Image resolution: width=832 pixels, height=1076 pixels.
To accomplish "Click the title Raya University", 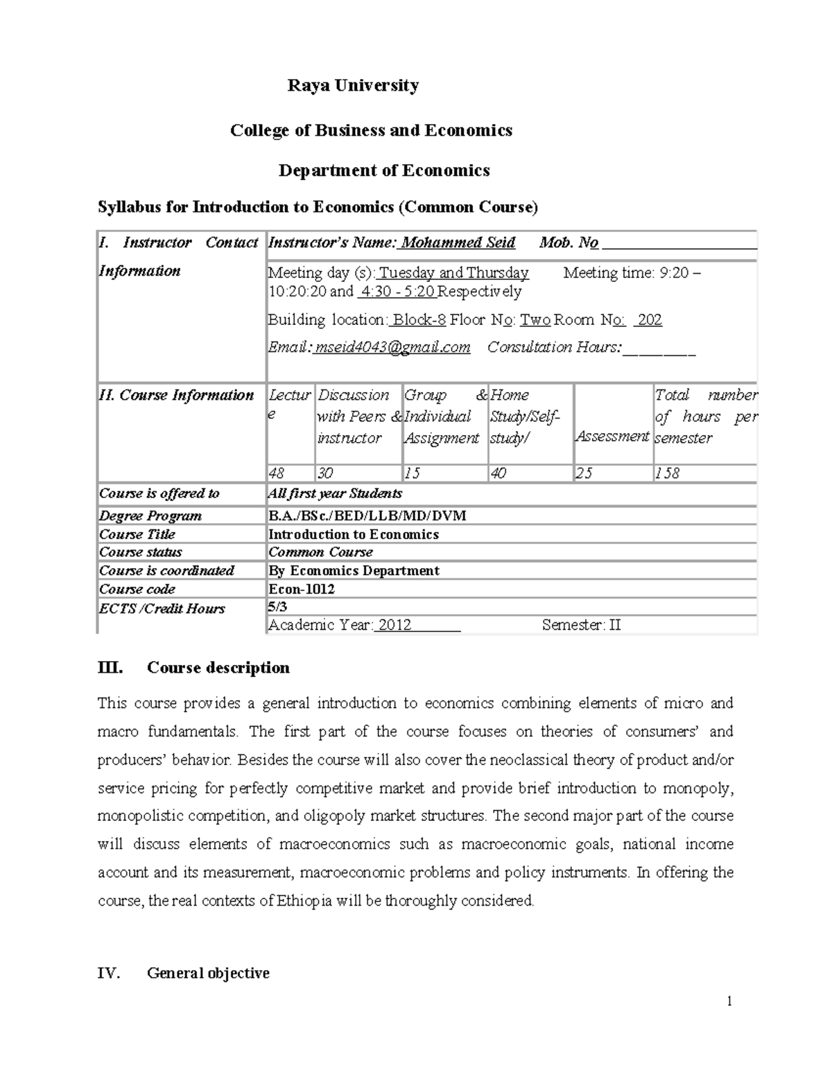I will point(353,85).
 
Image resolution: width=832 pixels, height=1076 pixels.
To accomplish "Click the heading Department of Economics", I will point(384,170).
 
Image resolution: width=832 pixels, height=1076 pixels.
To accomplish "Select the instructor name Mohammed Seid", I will point(458,242).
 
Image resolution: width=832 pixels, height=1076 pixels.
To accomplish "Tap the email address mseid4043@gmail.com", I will point(392,347).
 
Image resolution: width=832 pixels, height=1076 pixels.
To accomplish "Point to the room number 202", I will point(649,319).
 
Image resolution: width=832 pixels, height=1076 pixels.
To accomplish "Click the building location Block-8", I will point(418,319).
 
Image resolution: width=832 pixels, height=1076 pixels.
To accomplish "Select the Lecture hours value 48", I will point(276,473).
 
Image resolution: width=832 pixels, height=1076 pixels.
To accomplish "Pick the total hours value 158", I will point(667,473).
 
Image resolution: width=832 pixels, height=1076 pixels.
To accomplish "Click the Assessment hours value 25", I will point(584,473).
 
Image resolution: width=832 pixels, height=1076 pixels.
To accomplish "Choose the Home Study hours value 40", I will point(498,473).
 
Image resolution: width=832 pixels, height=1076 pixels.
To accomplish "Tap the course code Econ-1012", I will point(302,589).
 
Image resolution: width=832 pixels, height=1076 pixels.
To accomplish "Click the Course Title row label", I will point(137,534).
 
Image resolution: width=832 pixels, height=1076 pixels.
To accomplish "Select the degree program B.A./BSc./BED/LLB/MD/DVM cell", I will point(367,515).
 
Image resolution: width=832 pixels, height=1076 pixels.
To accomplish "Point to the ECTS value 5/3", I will point(277,606).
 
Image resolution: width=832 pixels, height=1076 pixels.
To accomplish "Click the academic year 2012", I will point(395,625).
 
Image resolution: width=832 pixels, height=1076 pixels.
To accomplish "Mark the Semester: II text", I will point(581,625).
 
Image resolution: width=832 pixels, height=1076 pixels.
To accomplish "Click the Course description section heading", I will point(218,668).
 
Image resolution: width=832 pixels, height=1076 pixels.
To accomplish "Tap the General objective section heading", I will point(207,973).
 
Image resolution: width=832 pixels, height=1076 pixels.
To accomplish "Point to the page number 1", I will point(729,1000).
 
